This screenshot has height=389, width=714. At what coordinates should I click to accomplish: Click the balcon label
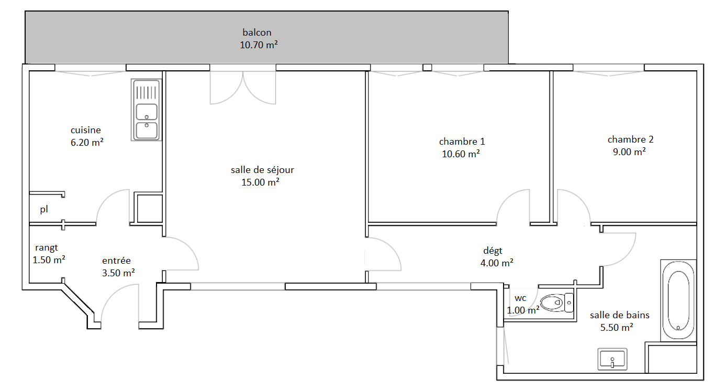click(x=257, y=32)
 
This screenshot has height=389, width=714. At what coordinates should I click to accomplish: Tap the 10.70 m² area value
click(x=259, y=45)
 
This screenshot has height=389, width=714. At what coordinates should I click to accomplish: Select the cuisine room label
click(x=85, y=130)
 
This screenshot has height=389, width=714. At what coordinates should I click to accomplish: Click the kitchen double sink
click(x=146, y=110)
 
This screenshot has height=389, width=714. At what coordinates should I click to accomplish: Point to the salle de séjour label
click(x=262, y=170)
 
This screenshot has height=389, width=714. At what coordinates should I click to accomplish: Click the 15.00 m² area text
click(x=260, y=182)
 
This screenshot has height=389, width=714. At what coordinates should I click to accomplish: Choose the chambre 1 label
click(x=462, y=142)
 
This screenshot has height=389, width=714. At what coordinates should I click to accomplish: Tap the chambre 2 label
click(x=630, y=139)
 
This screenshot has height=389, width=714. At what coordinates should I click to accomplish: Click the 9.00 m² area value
click(x=629, y=152)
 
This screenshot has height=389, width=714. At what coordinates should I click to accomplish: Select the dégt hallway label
click(x=493, y=251)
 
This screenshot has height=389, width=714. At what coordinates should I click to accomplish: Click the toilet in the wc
click(x=557, y=302)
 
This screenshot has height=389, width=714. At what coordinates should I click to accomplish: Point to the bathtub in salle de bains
click(x=678, y=300)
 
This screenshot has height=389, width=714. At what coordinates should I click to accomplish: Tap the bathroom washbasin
click(x=612, y=359)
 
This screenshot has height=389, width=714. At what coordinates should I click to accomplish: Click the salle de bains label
click(x=619, y=315)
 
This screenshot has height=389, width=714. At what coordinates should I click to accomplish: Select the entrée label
click(x=116, y=261)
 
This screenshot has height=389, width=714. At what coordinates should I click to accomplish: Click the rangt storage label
click(x=46, y=248)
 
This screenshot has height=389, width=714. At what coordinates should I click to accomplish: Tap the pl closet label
click(x=43, y=209)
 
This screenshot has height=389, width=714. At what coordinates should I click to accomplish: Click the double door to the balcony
click(x=243, y=85)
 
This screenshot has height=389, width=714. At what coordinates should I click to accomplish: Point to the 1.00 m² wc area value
click(x=523, y=310)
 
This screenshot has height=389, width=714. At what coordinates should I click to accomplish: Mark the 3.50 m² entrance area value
click(x=118, y=273)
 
